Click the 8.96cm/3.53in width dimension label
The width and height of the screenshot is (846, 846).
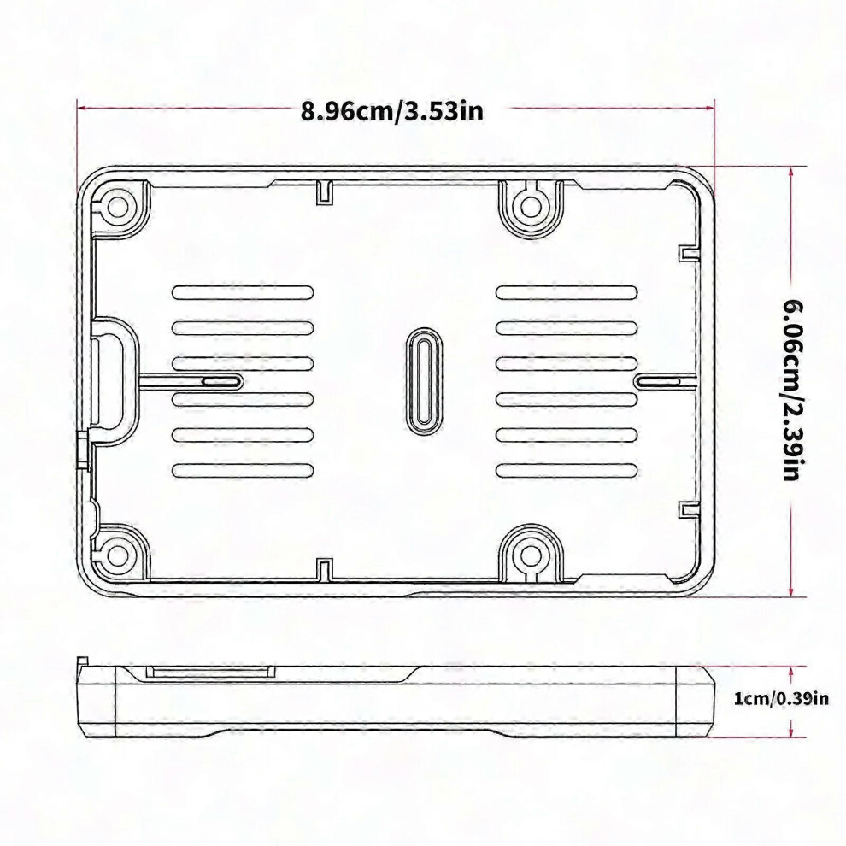tap(392, 111)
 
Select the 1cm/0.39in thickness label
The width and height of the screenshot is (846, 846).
tap(781, 698)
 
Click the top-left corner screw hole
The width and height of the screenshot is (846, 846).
tap(117, 206)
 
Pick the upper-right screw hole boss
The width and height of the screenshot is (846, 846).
tap(531, 206)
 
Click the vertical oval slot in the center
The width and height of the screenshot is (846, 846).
tap(423, 381)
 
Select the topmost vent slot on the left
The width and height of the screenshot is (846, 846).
tap(243, 292)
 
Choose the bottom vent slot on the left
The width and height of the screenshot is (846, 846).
tap(243, 471)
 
